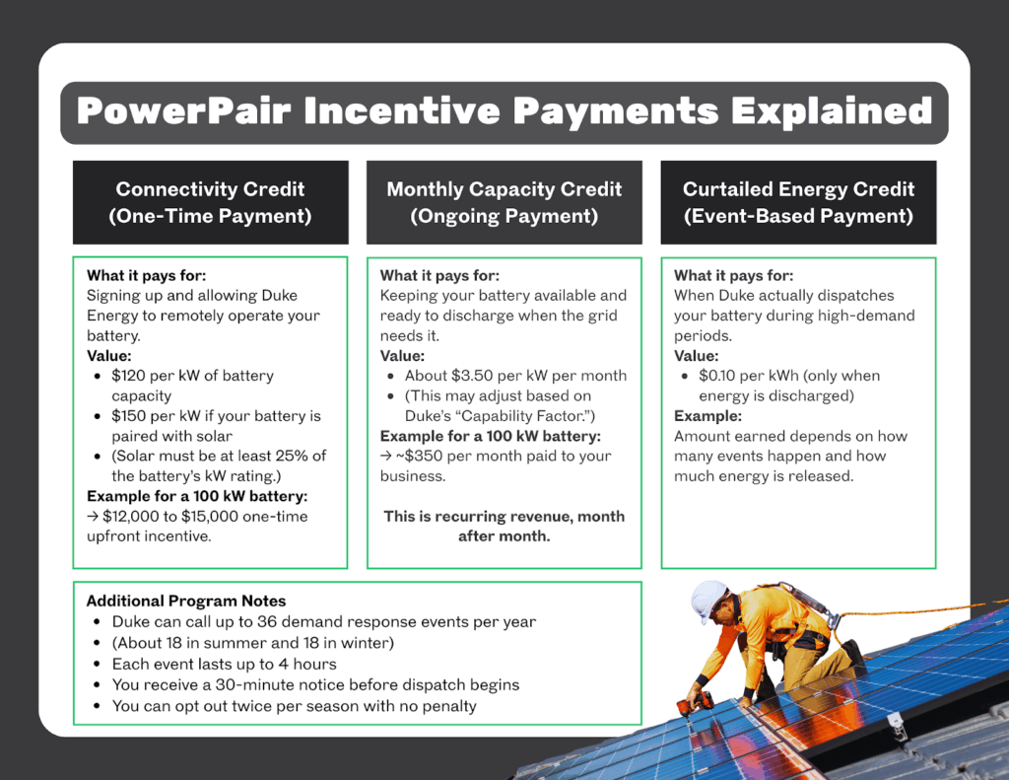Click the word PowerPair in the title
coord(183,110)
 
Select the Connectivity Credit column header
coord(211,202)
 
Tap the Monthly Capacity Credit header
coord(504,202)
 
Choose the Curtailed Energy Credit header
coord(798,202)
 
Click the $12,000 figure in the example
coord(131,517)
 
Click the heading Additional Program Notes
coord(186,601)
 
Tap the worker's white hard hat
coord(709,600)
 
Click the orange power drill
coord(696,705)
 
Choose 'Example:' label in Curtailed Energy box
coord(707,416)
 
